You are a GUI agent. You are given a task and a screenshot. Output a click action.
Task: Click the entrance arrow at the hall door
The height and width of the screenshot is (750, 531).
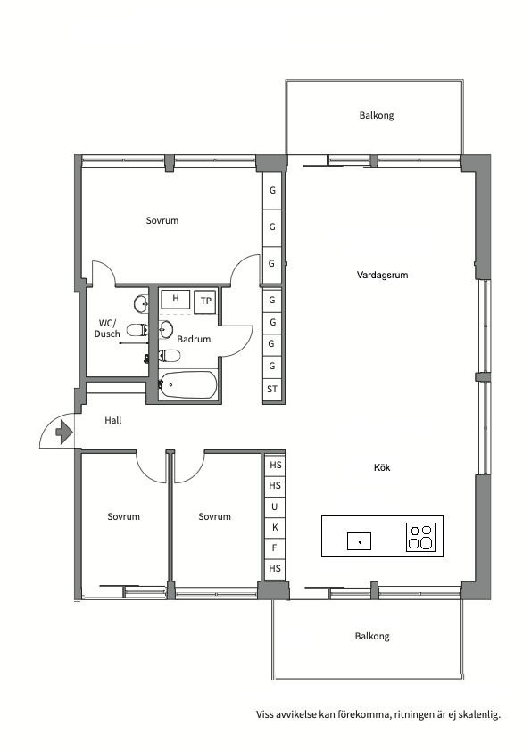click(64, 432)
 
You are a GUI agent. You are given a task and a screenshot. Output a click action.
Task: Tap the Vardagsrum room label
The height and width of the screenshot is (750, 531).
click(382, 275)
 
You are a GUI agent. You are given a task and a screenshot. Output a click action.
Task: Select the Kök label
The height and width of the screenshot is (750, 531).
click(382, 467)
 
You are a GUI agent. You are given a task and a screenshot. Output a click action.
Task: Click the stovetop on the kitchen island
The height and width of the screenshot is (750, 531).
click(421, 537)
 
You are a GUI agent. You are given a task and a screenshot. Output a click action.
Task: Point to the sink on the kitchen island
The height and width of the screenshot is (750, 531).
click(359, 541)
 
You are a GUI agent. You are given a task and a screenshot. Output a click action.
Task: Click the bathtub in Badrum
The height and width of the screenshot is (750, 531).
click(187, 384)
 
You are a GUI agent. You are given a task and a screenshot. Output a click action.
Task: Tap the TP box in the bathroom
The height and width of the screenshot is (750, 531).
click(206, 301)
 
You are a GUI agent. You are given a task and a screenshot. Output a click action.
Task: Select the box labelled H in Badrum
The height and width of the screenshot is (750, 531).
click(176, 299)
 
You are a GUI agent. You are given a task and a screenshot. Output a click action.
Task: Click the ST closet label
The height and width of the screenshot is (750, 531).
click(272, 390)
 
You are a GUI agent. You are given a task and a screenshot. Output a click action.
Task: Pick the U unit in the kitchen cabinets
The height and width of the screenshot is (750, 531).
click(274, 507)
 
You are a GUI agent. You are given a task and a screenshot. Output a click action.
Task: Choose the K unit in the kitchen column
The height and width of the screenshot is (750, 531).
click(275, 528)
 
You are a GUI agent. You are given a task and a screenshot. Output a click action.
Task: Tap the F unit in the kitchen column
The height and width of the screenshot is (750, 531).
click(274, 548)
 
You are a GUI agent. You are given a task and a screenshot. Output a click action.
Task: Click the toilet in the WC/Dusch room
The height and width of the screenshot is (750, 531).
click(137, 330)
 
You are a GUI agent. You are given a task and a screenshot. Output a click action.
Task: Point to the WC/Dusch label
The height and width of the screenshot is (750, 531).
click(107, 328)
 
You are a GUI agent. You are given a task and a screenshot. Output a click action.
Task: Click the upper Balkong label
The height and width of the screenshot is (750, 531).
click(377, 115)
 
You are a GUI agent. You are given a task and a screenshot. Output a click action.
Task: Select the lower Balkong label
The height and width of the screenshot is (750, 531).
click(372, 636)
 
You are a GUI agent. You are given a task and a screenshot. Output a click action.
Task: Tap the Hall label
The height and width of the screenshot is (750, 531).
click(113, 420)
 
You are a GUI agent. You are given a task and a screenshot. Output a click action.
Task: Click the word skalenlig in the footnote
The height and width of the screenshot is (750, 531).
click(479, 715)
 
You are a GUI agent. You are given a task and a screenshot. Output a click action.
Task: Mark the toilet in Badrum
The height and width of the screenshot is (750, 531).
click(170, 356)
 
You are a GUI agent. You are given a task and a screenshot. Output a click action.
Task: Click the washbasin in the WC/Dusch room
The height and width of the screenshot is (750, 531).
click(141, 304)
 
